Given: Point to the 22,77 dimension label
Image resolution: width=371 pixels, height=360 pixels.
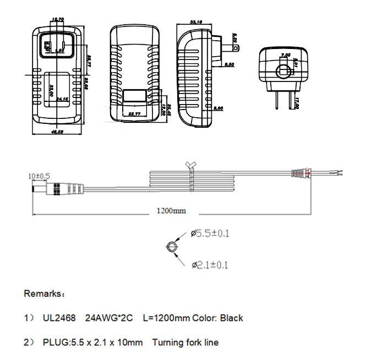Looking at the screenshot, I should (x=135, y=114).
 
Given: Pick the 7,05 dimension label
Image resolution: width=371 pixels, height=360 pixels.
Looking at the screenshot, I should (x=285, y=55).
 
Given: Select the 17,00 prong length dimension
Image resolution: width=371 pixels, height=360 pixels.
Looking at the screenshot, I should (x=296, y=103).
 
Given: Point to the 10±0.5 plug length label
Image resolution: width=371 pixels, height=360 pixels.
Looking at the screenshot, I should (x=39, y=176).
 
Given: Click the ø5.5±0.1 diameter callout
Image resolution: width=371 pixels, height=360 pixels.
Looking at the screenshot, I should (x=210, y=233).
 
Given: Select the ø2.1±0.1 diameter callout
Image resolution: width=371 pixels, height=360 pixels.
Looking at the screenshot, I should (x=210, y=265).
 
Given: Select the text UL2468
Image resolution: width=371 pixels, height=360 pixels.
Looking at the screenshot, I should (x=59, y=318).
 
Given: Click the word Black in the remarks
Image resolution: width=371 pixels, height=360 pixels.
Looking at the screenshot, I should (x=232, y=318).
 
